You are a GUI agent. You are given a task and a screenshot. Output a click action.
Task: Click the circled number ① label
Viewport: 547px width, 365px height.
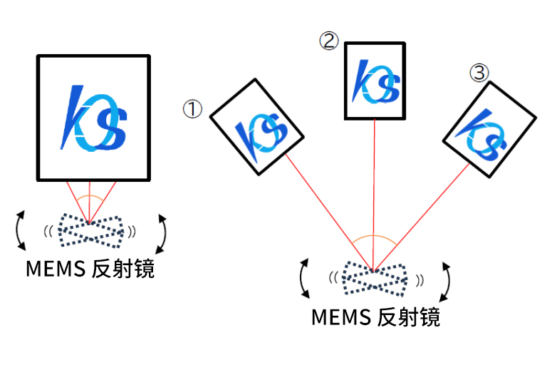pos(192,109)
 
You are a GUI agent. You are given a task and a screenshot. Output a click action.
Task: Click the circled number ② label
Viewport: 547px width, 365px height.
pos(328,41)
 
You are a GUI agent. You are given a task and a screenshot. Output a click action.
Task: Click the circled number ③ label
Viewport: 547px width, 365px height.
pos(479,72)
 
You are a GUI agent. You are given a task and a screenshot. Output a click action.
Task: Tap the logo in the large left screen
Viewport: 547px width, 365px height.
pos(95,118)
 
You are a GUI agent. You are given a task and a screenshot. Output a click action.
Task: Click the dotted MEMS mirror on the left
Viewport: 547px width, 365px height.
pos(90,227)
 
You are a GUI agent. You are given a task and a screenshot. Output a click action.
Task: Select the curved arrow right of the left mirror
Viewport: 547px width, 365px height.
pos(163,232)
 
